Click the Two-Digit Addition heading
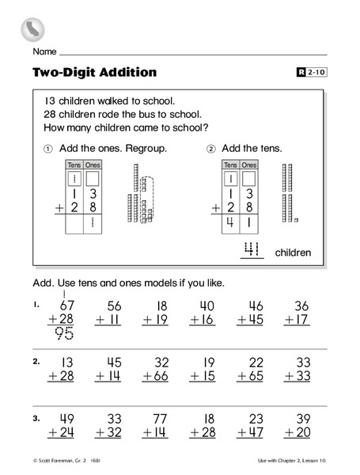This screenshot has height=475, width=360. (x=95, y=73)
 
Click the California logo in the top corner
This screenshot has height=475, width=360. (x=32, y=29)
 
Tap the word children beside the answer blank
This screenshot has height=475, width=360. (x=293, y=253)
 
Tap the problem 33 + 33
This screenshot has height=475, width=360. (x=297, y=368)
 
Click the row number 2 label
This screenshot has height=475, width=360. (x=36, y=361)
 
